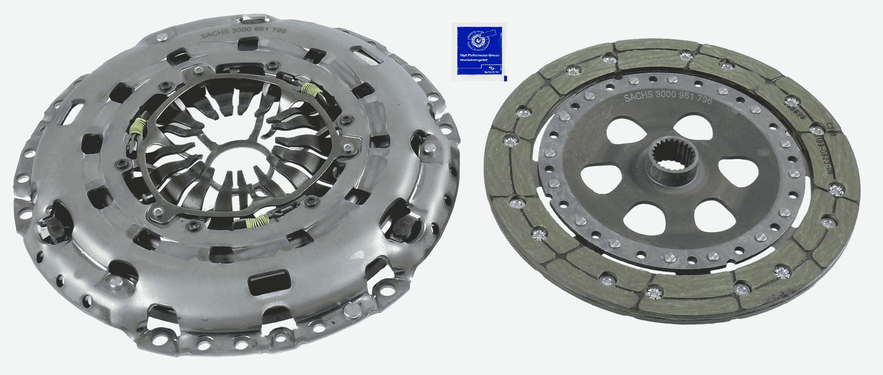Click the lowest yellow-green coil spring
coord(257,222)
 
